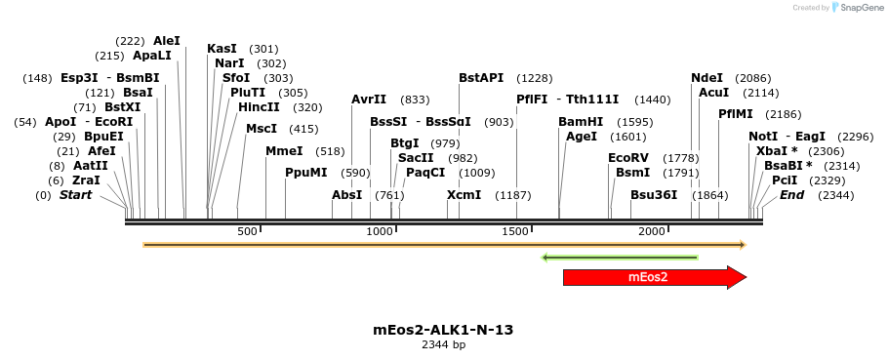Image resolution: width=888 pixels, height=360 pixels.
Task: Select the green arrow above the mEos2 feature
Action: pyautogui.click(x=620, y=258)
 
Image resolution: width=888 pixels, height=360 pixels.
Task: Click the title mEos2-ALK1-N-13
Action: pyautogui.click(x=443, y=330)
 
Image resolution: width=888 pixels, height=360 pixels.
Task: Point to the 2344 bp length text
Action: pyautogui.click(x=443, y=345)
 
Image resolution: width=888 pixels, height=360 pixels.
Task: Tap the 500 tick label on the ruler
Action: pyautogui.click(x=247, y=231)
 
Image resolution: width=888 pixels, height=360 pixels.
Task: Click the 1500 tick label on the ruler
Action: pyautogui.click(x=515, y=231)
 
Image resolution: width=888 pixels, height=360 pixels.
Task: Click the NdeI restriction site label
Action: pyautogui.click(x=706, y=78)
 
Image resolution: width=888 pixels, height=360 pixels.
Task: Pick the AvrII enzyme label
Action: pyautogui.click(x=369, y=100)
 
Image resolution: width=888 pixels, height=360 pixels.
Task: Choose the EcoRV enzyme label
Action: pyautogui.click(x=627, y=158)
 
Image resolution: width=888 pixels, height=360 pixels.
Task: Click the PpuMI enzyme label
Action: pyautogui.click(x=306, y=173)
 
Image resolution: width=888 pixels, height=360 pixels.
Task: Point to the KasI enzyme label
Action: pyautogui.click(x=222, y=49)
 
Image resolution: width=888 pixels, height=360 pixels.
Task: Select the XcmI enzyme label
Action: pyautogui.click(x=464, y=195)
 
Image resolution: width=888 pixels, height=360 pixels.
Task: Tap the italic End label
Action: pyautogui.click(x=791, y=195)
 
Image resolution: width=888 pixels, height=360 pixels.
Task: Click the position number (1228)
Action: pyautogui.click(x=535, y=78)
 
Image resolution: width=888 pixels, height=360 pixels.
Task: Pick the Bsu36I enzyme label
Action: pyautogui.click(x=654, y=195)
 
